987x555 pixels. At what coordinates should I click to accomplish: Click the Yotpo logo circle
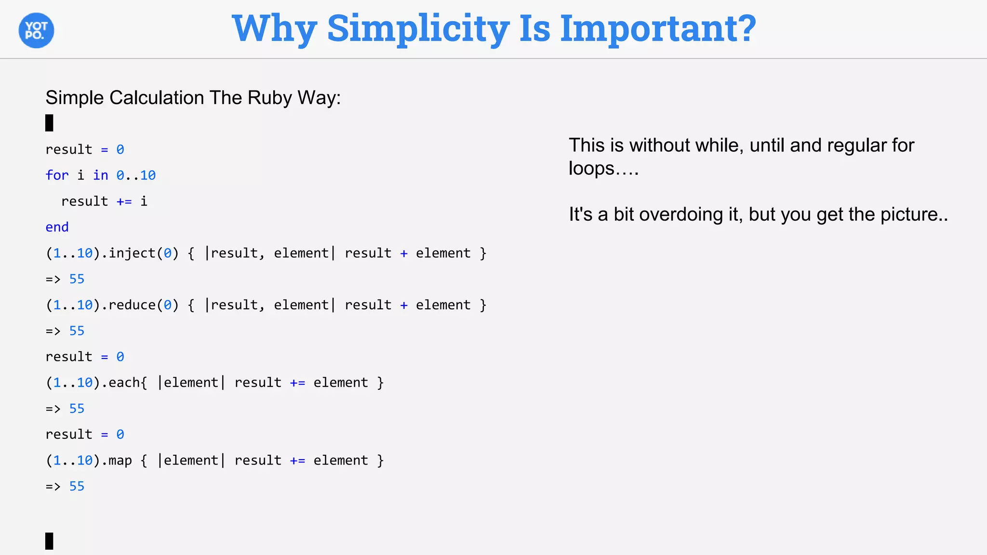(36, 30)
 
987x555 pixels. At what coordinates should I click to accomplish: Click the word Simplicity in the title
(418, 29)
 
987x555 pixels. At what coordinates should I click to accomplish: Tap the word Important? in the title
(658, 29)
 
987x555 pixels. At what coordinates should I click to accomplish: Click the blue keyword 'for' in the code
(57, 175)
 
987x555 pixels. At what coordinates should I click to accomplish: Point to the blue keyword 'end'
(57, 227)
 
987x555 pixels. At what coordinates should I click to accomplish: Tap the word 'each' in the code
(124, 383)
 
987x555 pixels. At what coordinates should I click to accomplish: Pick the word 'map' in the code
(120, 461)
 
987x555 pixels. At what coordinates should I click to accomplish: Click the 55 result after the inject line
(77, 279)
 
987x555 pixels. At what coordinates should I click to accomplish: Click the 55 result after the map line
(77, 486)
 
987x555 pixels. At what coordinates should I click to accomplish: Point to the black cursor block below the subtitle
(49, 123)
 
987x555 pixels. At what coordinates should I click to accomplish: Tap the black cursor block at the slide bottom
(49, 541)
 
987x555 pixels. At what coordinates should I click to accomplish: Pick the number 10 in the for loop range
(148, 175)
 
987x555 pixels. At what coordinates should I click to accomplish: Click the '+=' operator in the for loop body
(124, 201)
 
